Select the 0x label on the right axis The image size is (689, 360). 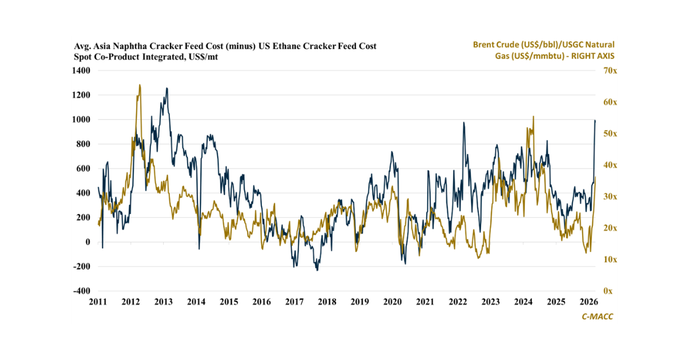coord(607,291)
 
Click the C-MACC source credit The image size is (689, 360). coord(598,316)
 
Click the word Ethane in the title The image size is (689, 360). coord(282,46)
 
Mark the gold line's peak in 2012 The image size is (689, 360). coord(140,85)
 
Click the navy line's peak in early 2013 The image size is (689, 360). coord(167,88)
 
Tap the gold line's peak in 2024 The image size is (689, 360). coord(533,117)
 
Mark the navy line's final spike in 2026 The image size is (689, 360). coord(595,121)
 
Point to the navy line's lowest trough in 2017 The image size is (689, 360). coord(317,270)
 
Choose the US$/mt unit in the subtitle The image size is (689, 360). coord(203,57)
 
